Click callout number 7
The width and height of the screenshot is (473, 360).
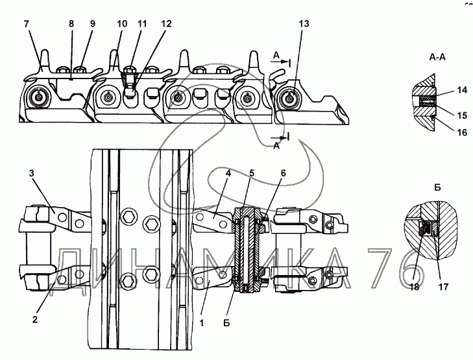27,24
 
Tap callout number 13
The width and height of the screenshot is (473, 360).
304,24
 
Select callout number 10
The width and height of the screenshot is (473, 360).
122,24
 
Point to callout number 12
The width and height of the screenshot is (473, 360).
166,24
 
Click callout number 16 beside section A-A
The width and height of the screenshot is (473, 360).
462,132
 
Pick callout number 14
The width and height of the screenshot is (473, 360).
462,90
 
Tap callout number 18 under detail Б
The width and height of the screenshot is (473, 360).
415,287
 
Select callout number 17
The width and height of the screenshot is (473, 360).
443,287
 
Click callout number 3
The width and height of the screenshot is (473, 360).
32,173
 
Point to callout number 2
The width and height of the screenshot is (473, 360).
34,319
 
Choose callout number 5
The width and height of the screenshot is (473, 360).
252,173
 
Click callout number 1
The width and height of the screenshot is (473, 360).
202,323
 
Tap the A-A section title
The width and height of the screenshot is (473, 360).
437,57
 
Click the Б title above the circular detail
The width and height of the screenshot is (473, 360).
437,187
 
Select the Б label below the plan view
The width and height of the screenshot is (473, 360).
226,323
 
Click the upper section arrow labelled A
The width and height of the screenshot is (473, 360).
280,61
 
